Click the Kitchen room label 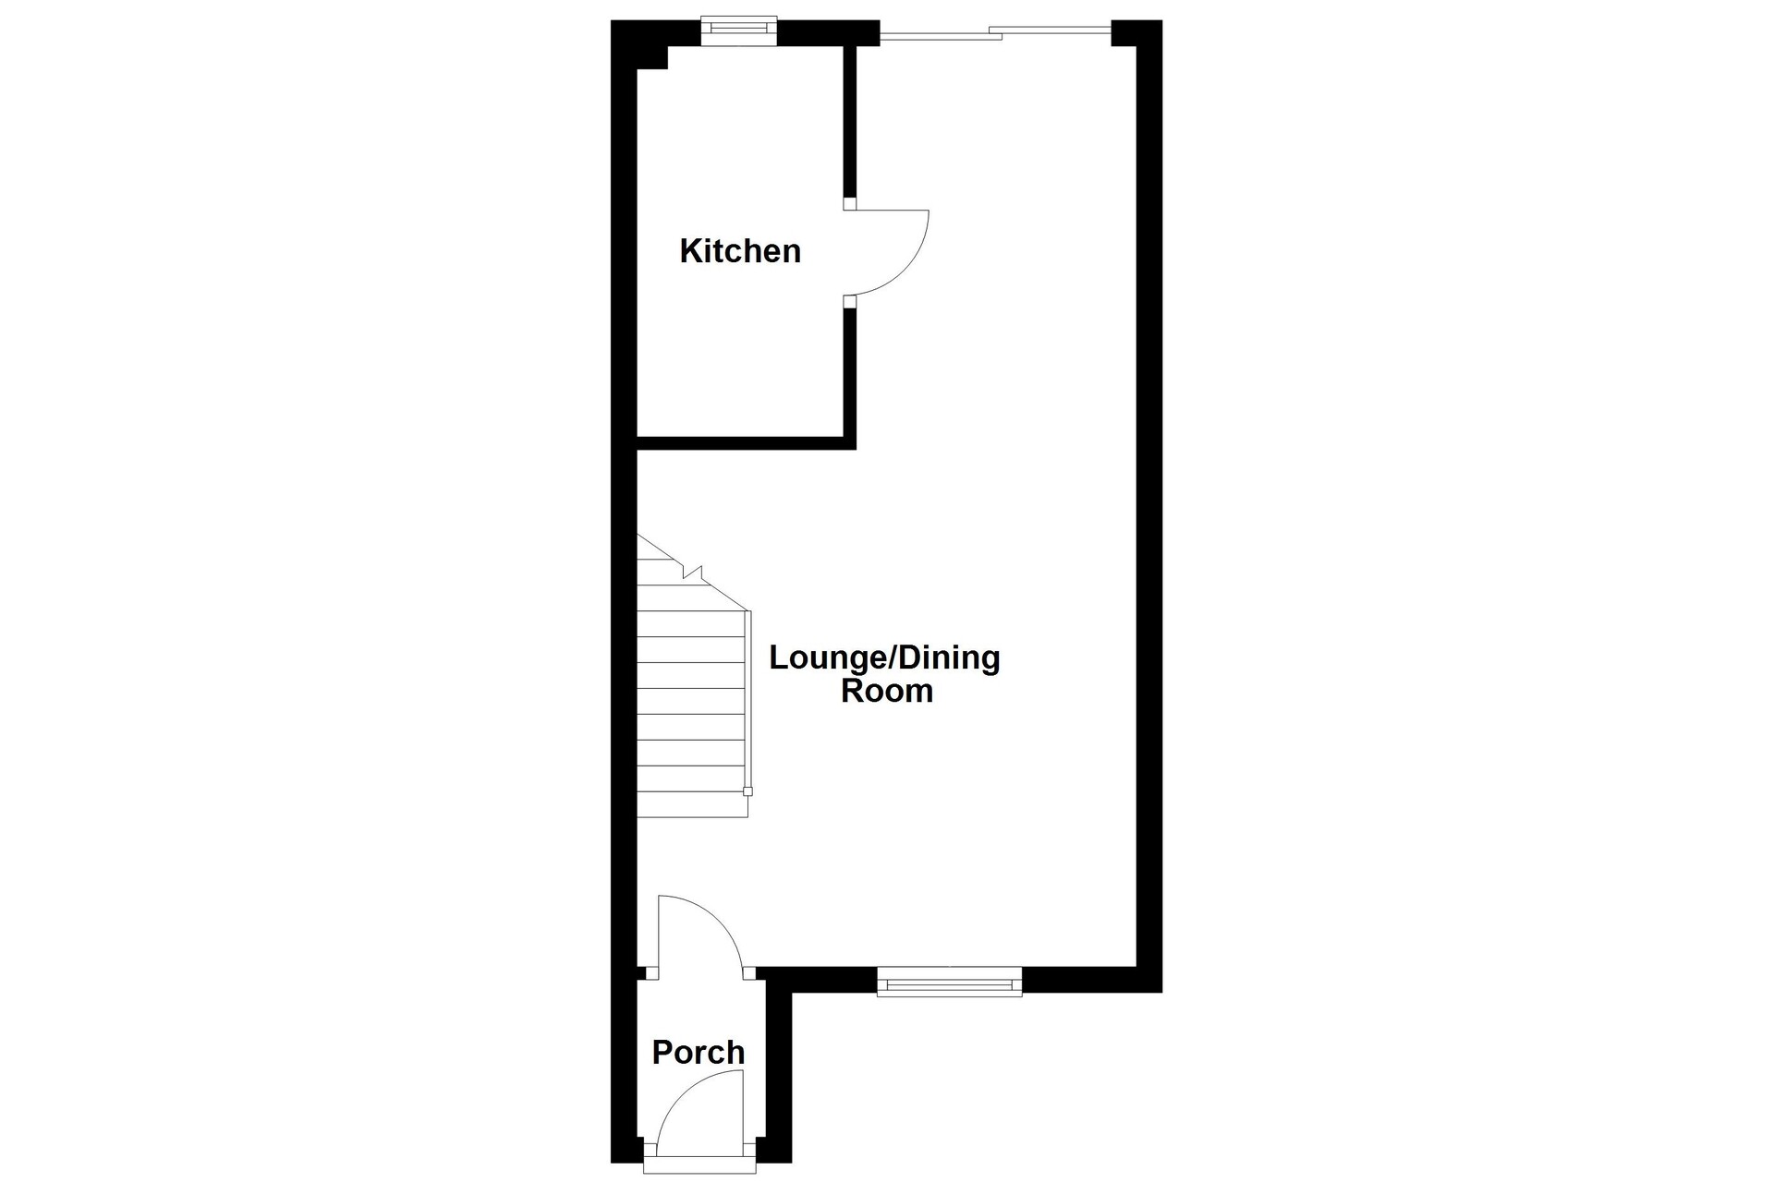[x=740, y=251]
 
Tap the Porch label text [x=698, y=1052]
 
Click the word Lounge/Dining [x=884, y=659]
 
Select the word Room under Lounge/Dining [x=887, y=691]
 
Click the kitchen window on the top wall [x=738, y=30]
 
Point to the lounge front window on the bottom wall [x=949, y=982]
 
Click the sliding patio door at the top [x=995, y=34]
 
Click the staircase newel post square [x=747, y=791]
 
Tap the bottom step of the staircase [x=692, y=804]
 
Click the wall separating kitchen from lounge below [x=747, y=443]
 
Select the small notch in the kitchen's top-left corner [x=653, y=57]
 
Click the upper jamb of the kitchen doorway [x=850, y=204]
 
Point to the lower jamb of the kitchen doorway [x=850, y=301]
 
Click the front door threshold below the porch [x=699, y=1168]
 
